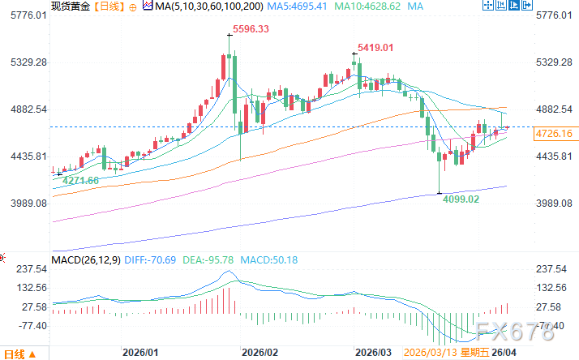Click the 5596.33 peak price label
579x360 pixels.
251,29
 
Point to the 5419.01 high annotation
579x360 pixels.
376,48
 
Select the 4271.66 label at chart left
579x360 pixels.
80,180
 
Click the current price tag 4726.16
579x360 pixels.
554,133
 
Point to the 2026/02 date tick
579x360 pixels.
260,354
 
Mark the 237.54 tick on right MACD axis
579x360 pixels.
551,268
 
